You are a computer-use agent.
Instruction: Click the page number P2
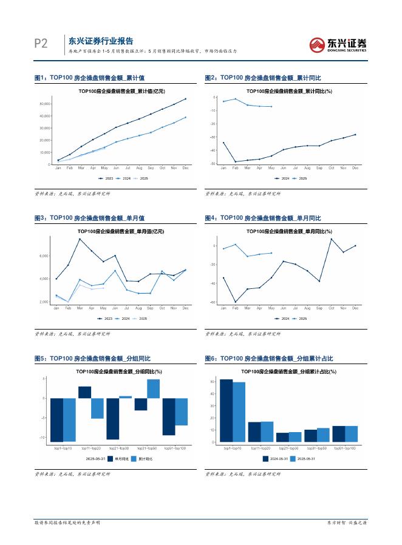40,44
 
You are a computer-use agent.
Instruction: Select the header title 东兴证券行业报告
101,41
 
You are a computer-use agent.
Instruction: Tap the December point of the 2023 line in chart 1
186,98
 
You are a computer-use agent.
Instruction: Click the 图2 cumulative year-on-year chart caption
262,78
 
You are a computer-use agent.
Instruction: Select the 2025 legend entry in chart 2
300,178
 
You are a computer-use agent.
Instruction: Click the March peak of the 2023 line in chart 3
80,239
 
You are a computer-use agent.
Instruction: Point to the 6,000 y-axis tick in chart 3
43,256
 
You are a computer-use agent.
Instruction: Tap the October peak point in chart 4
332,239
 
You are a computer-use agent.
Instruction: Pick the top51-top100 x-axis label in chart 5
175,448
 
